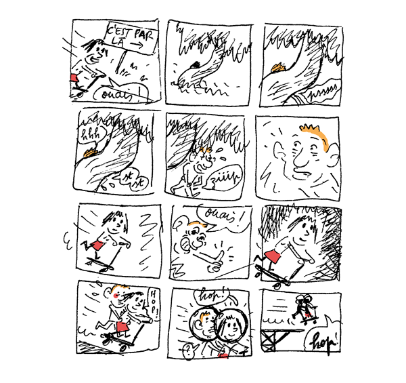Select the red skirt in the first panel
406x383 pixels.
[x=76, y=79]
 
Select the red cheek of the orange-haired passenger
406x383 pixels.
[x=120, y=296]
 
